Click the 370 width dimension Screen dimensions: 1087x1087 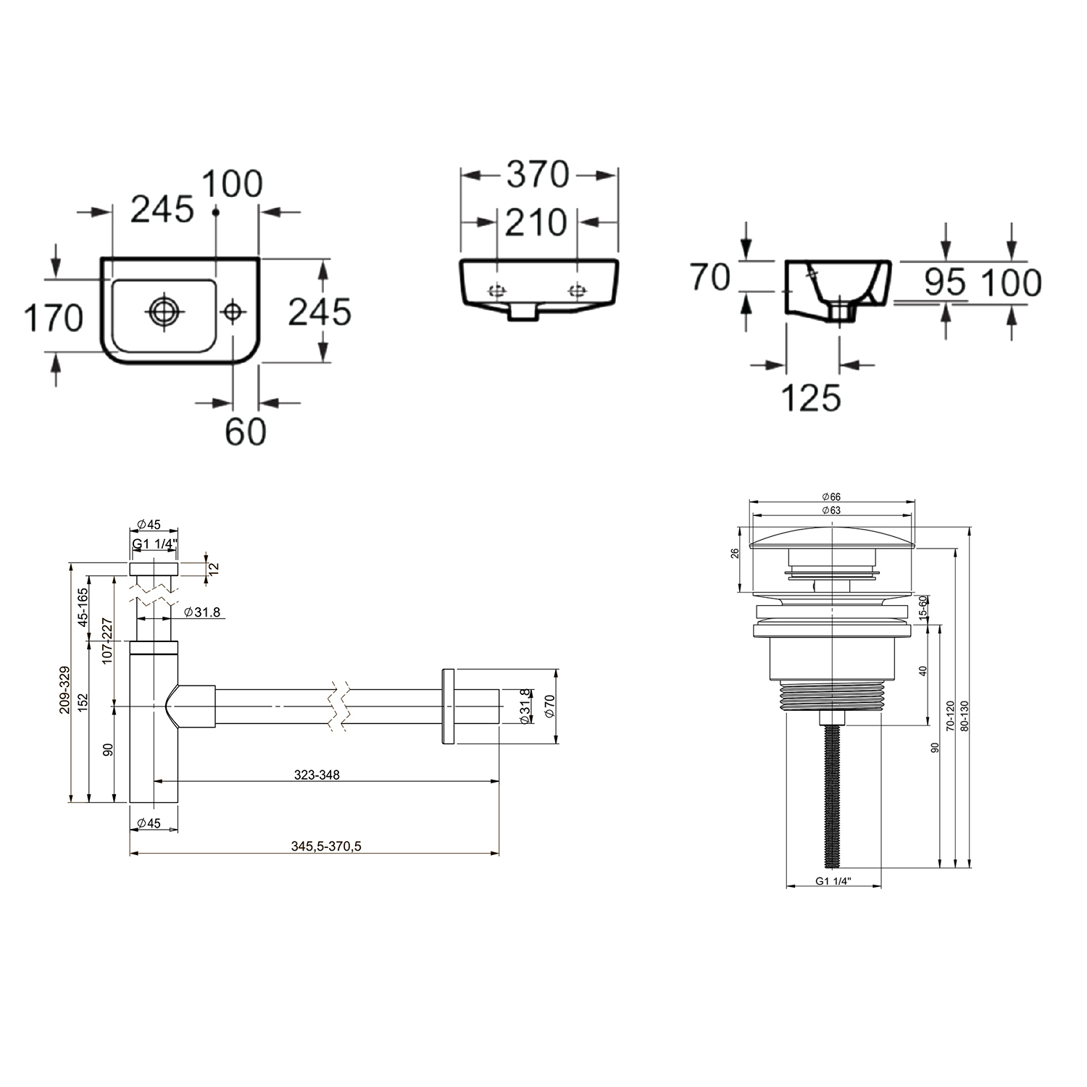tap(538, 175)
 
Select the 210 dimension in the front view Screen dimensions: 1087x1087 tap(536, 222)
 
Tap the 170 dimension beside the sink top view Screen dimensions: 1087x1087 tap(54, 318)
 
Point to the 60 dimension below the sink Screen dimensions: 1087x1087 tap(245, 432)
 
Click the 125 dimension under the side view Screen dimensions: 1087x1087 tap(811, 397)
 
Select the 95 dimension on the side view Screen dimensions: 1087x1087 tap(945, 283)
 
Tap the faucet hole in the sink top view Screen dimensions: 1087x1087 tap(233, 312)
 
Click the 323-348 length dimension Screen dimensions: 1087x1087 tap(317, 775)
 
